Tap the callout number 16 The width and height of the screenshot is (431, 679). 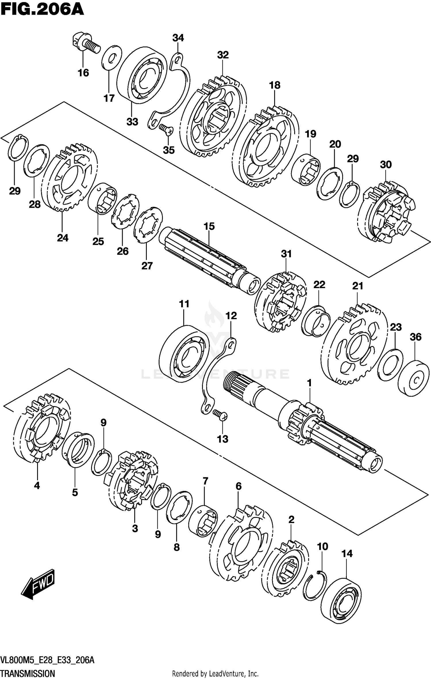tap(83, 73)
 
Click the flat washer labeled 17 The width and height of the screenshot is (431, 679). tap(111, 57)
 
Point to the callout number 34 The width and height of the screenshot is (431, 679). tap(178, 38)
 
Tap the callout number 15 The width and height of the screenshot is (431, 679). tap(209, 226)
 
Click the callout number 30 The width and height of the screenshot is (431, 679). tap(386, 165)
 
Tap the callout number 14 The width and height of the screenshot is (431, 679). tap(347, 553)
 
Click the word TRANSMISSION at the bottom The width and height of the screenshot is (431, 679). tap(28, 673)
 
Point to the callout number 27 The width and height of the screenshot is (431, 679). tap(147, 266)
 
